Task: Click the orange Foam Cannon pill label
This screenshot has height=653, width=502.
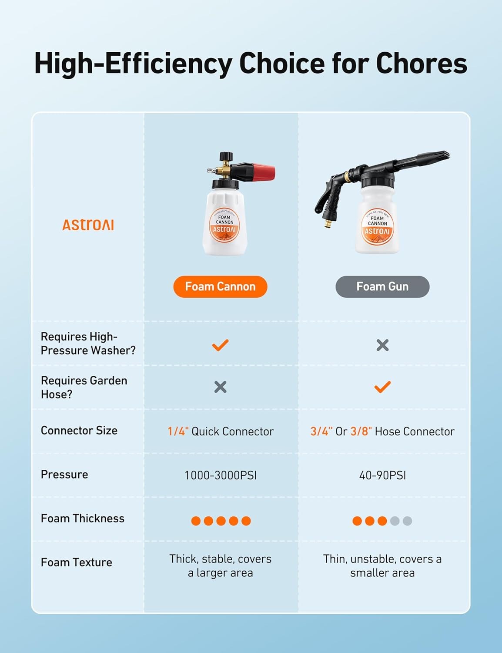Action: point(220,286)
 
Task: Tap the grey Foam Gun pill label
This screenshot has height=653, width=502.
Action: point(382,286)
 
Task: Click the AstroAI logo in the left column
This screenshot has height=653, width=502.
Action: point(88,225)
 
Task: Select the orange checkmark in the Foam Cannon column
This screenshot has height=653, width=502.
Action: point(220,345)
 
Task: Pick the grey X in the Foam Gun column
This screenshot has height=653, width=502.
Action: point(382,345)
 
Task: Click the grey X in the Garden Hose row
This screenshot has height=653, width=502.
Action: point(220,387)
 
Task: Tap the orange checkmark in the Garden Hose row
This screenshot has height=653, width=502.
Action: point(382,387)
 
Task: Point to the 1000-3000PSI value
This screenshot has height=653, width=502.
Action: point(220,475)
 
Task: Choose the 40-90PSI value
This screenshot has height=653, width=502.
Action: point(382,475)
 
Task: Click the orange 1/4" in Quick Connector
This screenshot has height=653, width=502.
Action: point(178,431)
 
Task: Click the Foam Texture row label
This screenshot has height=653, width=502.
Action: point(77,562)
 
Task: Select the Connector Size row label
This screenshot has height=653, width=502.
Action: point(79,431)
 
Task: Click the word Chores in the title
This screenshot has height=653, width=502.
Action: point(421,63)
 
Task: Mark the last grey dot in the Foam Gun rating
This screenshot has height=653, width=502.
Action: point(407,521)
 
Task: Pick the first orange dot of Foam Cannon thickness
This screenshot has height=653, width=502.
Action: point(196,521)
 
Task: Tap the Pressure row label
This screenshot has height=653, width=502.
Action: point(64,475)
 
